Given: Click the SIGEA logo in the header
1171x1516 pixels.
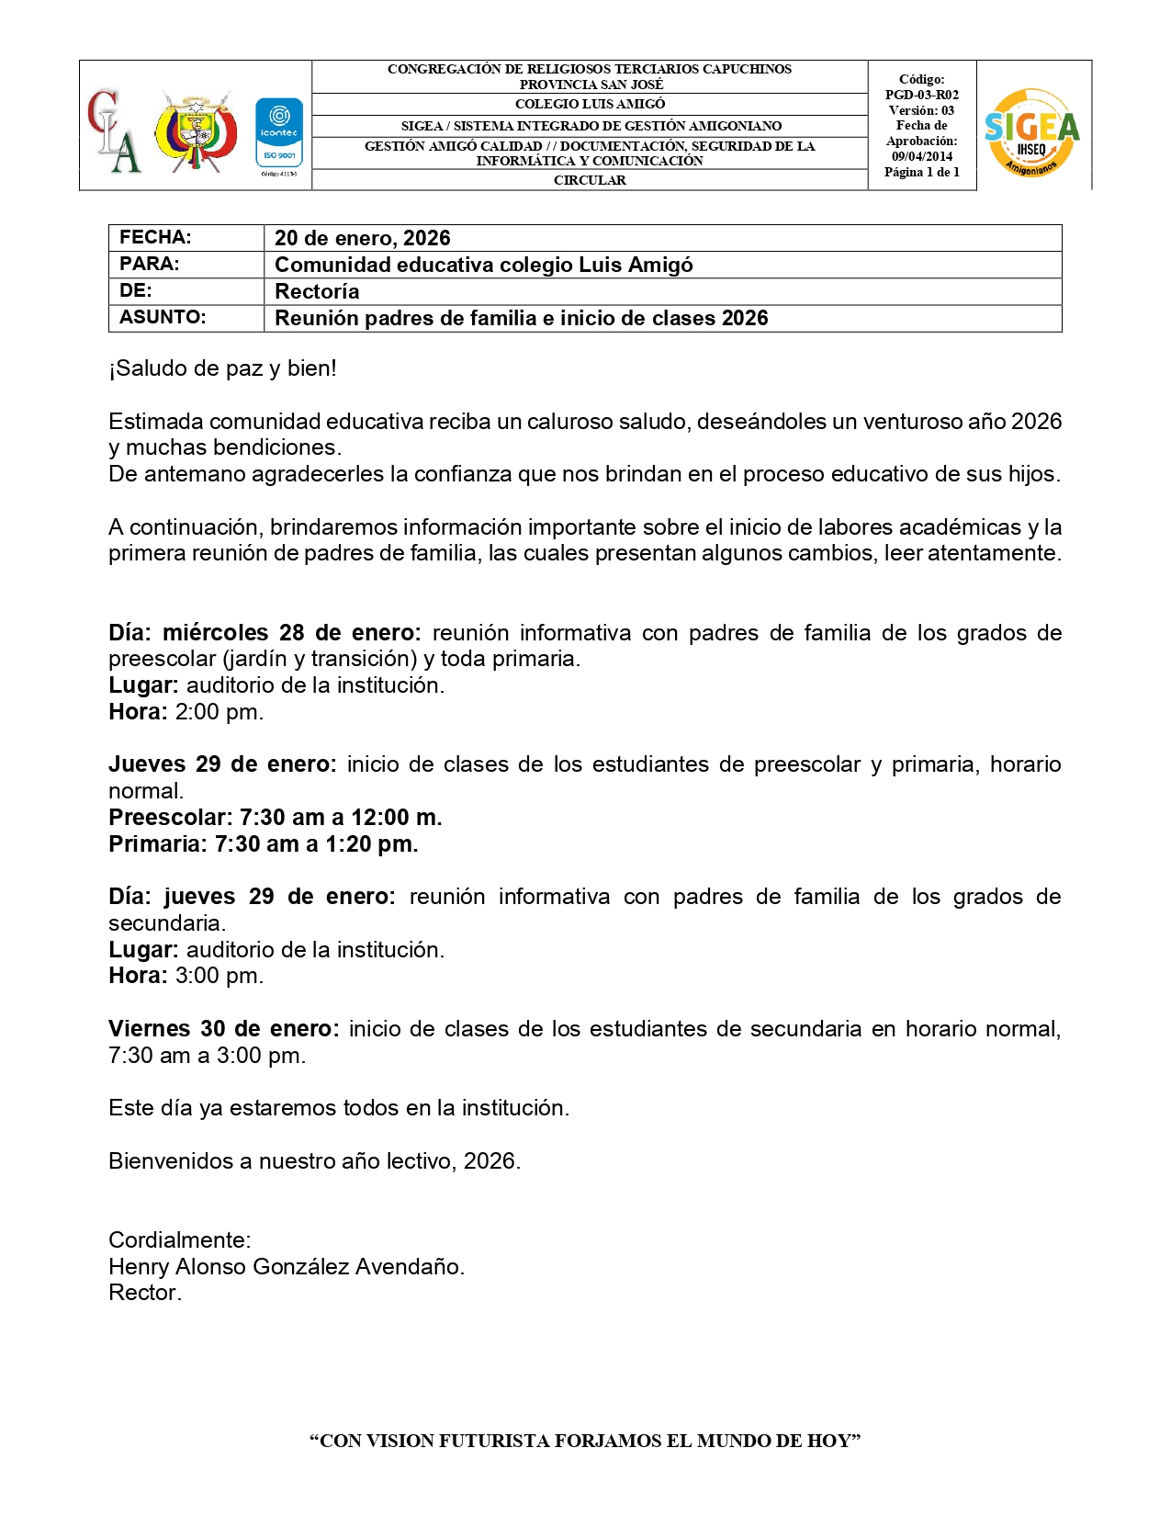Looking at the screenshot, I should coord(1031,131).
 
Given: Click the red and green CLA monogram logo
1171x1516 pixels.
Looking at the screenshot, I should coord(114,130).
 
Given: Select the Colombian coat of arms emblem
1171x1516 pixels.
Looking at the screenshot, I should coord(195,131).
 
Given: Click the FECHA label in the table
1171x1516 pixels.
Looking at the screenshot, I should coord(155,237).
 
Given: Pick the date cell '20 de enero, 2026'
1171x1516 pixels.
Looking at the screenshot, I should coord(362,238).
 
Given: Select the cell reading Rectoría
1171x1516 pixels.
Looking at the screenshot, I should coord(317,291).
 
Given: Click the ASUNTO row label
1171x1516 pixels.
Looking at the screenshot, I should coord(163,317).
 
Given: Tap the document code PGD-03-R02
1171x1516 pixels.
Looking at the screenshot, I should coord(921,95).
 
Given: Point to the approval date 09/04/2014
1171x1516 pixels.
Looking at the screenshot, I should coord(921,156).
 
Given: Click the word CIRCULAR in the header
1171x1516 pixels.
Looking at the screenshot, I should coord(590,180).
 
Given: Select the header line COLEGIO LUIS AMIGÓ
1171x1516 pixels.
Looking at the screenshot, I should coord(590,104).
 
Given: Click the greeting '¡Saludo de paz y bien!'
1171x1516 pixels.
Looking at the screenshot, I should coord(222,368).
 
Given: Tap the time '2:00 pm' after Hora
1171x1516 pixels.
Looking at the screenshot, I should coord(219,712).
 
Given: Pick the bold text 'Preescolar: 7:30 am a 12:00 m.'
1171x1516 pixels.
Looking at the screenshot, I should coord(276,817).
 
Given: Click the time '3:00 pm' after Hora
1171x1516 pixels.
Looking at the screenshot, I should coord(219,976).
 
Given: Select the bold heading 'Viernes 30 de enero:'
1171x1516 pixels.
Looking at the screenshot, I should coord(223,1029).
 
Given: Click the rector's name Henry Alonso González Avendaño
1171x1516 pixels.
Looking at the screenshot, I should coord(286,1267).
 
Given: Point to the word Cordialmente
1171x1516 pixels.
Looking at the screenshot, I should coord(179,1240).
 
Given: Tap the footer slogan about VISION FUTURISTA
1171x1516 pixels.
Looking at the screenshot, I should coord(585,1441).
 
